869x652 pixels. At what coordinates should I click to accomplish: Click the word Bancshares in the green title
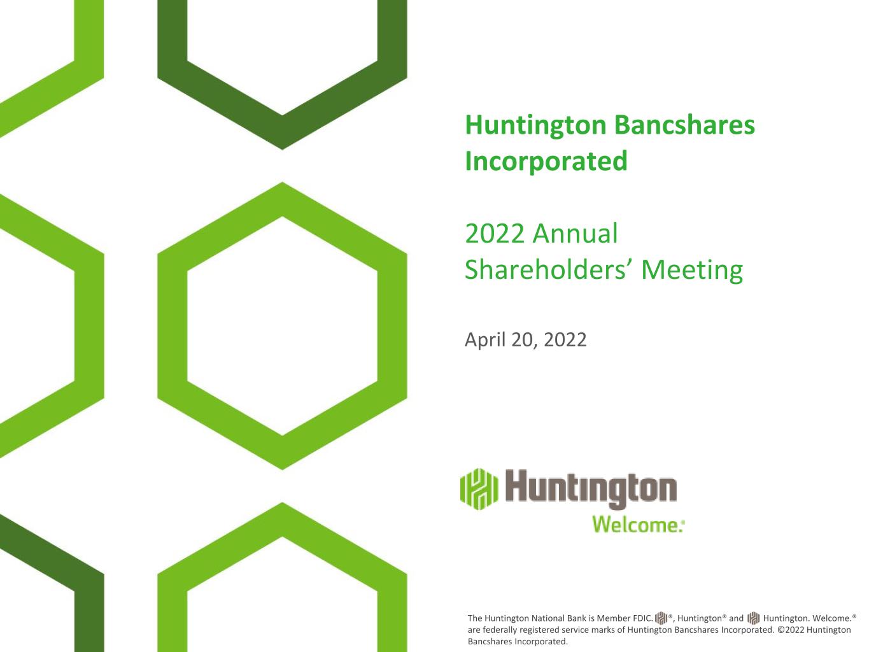coord(684,125)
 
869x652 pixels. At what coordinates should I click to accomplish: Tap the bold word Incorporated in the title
coord(546,161)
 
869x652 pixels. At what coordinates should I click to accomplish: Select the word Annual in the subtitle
coord(575,234)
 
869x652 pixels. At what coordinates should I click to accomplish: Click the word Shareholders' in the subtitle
coord(549,270)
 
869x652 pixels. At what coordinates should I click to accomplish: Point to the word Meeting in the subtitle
coord(692,271)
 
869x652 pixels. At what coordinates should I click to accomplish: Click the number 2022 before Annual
coord(495,234)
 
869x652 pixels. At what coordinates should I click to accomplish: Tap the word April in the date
coord(484,340)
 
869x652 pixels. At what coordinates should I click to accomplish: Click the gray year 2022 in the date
coord(565,340)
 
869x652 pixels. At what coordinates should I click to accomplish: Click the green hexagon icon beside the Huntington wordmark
coord(479,489)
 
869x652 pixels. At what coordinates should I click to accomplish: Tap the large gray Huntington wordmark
coord(591,489)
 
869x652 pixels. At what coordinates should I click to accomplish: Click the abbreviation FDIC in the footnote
coord(643,618)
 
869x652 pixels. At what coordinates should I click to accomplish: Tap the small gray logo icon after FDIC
coord(661,618)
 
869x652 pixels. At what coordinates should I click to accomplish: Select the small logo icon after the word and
coord(753,618)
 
